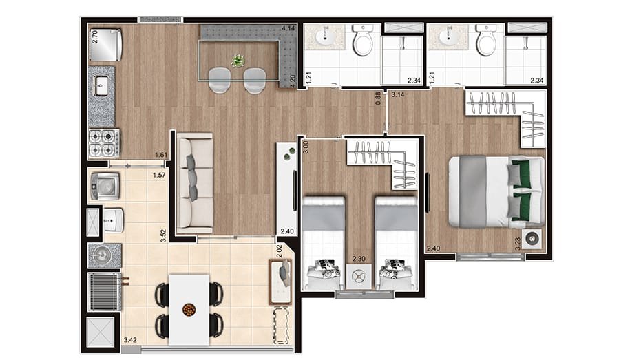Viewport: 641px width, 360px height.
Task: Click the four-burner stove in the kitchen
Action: coord(104,142)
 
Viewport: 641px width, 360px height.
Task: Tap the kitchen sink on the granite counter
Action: coord(101,86)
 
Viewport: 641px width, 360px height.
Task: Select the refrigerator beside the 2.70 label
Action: coord(105,44)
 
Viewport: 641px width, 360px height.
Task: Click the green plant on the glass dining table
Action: coord(238,61)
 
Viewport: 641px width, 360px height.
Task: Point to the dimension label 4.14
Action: coord(288,29)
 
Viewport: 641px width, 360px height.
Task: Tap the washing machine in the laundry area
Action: coord(105,187)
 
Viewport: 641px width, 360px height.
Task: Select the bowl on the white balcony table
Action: coord(189,309)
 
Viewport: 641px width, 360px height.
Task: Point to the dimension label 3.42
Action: coord(130,339)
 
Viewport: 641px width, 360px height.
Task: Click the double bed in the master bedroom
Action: coord(496,191)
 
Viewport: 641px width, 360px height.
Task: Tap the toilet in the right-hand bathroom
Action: coord(486,40)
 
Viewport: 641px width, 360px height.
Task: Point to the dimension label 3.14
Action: coord(398,95)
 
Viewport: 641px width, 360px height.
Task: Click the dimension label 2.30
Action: coord(359,259)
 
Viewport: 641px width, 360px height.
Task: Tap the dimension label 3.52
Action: coord(163,236)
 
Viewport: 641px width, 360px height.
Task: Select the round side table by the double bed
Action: coord(533,240)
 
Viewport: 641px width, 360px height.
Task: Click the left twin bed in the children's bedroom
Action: coord(324,243)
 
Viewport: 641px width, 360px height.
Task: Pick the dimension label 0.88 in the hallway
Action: coord(378,98)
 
